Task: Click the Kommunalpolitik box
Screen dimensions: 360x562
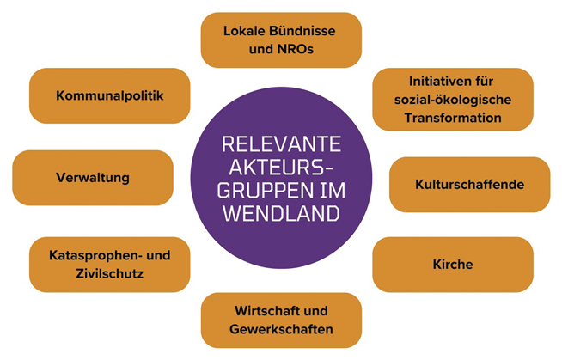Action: pyautogui.click(x=109, y=95)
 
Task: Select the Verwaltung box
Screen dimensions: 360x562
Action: pyautogui.click(x=92, y=178)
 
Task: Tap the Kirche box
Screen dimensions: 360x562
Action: pyautogui.click(x=452, y=265)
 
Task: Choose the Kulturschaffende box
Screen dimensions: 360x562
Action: pyautogui.click(x=469, y=184)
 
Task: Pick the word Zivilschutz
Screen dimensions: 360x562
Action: pyautogui.click(x=108, y=273)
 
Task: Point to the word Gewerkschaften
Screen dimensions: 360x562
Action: pyautogui.click(x=281, y=329)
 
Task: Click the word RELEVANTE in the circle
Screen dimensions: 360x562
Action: pyautogui.click(x=281, y=143)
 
